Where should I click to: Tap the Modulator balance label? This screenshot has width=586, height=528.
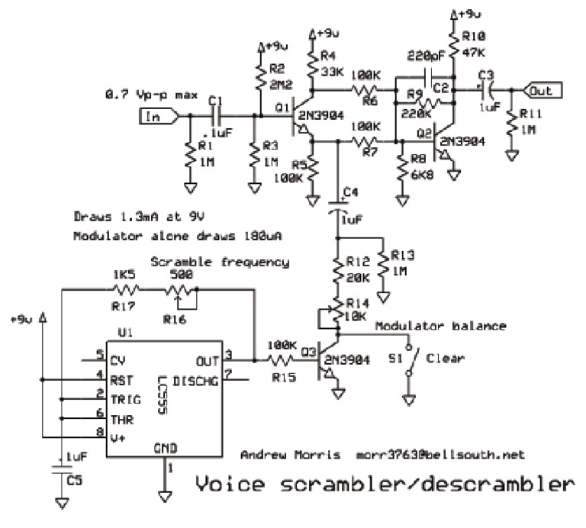[x=440, y=326]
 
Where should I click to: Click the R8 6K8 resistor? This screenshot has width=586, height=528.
[x=400, y=168]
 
